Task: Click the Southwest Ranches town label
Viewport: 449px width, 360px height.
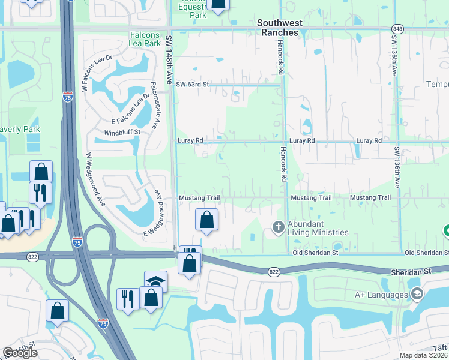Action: [x=277, y=28]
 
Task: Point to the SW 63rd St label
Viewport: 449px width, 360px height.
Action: [x=192, y=85]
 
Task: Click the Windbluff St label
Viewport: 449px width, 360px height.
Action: [x=122, y=131]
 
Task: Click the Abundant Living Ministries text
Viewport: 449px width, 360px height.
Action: [x=318, y=228]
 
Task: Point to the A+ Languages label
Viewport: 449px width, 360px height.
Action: [x=381, y=294]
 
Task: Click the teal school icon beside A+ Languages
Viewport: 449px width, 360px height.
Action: [x=416, y=293]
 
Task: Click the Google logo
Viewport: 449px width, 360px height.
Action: [x=20, y=353]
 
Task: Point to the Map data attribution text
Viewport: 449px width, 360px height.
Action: [x=424, y=355]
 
